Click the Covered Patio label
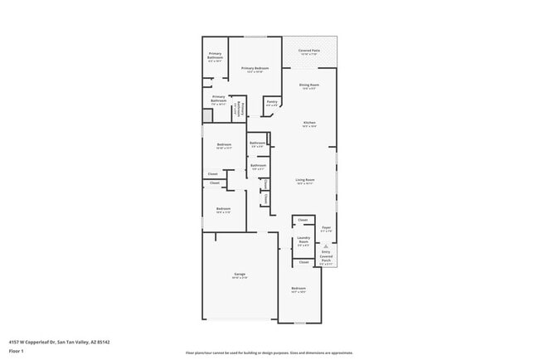click(x=309, y=51)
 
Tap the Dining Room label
click(x=309, y=85)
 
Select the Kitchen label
click(x=309, y=123)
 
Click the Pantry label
click(x=271, y=102)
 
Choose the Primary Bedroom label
click(x=255, y=68)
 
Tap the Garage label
click(x=240, y=275)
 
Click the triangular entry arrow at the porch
click(x=327, y=246)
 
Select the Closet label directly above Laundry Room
click(x=303, y=220)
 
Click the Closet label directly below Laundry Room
click(x=303, y=261)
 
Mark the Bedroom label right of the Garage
click(x=299, y=289)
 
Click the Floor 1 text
click(x=17, y=351)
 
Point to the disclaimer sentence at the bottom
click(x=269, y=353)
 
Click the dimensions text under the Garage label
click(x=240, y=278)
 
